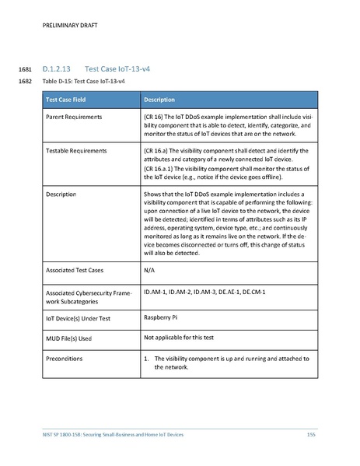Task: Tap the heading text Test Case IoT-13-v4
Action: pyautogui.click(x=117, y=69)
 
